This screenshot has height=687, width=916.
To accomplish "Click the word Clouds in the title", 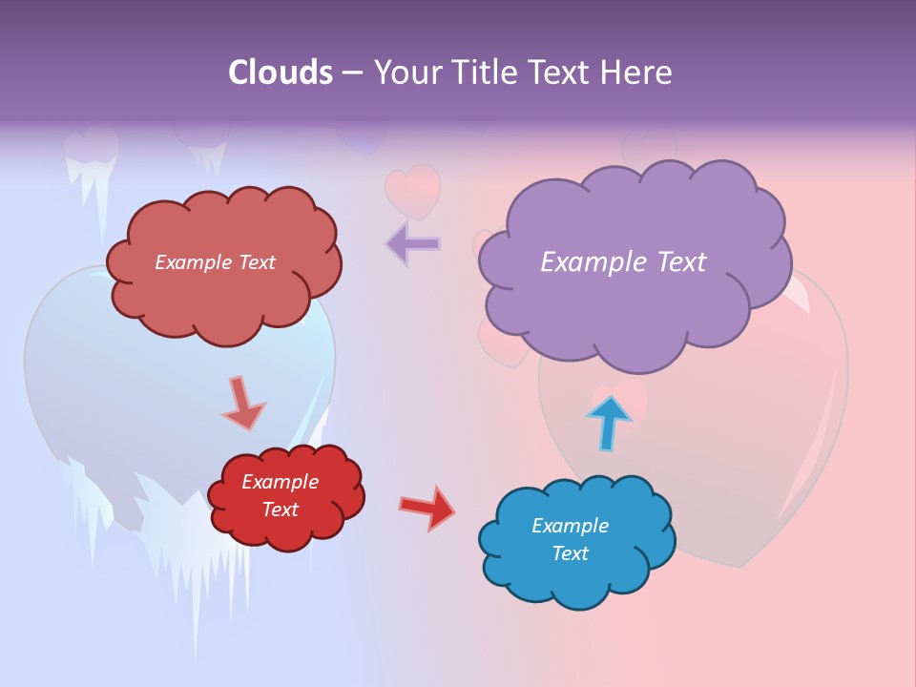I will click(x=280, y=73).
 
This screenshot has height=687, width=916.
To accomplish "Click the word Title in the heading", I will click(x=483, y=73).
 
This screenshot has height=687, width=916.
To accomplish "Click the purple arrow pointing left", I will click(x=412, y=244).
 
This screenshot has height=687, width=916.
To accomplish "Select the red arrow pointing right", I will click(x=427, y=507).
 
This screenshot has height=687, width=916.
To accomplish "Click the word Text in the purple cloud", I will click(x=682, y=262).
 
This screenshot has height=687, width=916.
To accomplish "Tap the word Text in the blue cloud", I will click(x=570, y=553).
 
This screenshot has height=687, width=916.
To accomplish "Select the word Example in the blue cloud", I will click(x=570, y=526).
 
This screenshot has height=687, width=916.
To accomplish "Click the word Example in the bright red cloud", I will click(x=280, y=482).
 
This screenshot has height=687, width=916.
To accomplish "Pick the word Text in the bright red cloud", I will click(x=280, y=510).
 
